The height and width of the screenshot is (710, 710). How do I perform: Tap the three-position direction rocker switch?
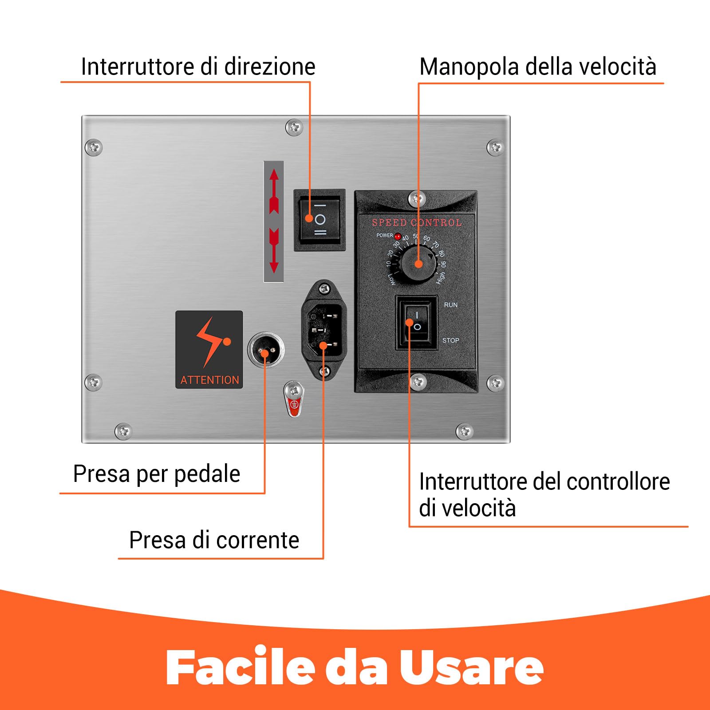click(319, 220)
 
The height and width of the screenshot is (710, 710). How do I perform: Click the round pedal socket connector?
click(265, 350)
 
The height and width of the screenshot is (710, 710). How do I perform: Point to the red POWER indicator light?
click(398, 236)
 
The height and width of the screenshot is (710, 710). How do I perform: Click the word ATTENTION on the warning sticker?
click(209, 380)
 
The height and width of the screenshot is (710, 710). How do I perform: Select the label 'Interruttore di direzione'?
click(198, 67)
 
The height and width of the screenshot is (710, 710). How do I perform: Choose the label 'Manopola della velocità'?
click(537, 67)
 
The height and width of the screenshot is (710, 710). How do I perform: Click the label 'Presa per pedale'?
click(157, 473)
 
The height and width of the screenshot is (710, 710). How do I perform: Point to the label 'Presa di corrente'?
click(214, 540)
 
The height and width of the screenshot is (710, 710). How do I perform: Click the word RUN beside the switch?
click(450, 305)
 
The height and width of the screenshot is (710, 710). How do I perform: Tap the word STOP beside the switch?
click(450, 340)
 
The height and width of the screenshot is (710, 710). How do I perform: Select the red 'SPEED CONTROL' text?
click(416, 222)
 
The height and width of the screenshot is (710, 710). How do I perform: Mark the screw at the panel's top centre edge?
click(293, 128)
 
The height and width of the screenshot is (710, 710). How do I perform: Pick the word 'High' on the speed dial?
click(440, 278)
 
